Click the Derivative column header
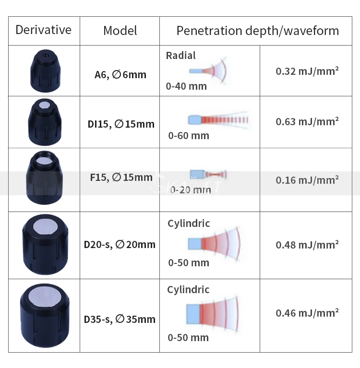[x=43, y=30]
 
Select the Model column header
[x=120, y=31]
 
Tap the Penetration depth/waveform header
[x=257, y=31]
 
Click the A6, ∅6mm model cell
[x=120, y=75]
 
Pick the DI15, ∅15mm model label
[x=121, y=124]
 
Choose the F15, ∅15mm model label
[x=121, y=178]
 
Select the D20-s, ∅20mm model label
[x=120, y=245]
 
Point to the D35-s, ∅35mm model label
[x=120, y=319]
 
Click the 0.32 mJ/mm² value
[x=307, y=71]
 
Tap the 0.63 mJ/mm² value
[x=307, y=121]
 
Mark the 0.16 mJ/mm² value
[x=307, y=180]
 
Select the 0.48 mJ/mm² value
[x=307, y=245]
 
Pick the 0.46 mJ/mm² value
[x=307, y=313]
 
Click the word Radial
[x=181, y=56]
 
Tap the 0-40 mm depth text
[x=186, y=86]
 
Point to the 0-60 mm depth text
[x=189, y=136]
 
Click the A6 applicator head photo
[x=44, y=71]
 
